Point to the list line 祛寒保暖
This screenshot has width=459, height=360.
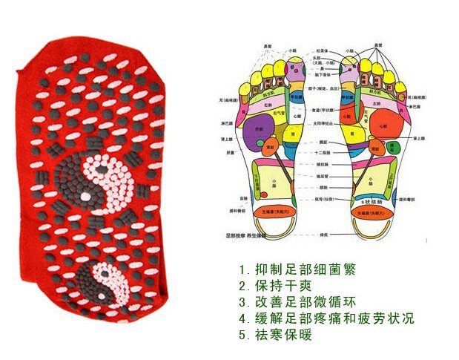274,335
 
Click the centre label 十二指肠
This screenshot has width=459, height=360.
323,151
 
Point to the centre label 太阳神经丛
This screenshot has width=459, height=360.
323,123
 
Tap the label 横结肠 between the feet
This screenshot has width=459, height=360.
323,165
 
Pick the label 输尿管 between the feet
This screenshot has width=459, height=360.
323,177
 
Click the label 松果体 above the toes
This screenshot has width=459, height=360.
323,50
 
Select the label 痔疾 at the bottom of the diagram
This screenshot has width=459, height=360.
323,234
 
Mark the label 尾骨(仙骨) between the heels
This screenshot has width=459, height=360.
323,200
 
